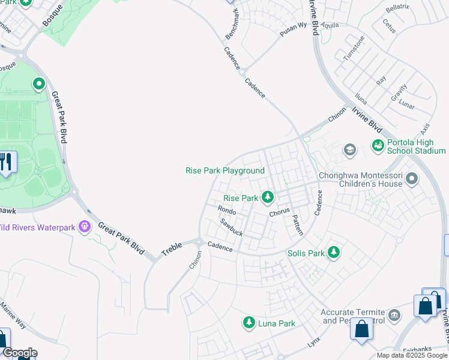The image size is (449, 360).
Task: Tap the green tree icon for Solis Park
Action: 333,253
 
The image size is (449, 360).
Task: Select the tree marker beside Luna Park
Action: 249,323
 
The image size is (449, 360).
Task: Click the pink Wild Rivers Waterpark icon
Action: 84,227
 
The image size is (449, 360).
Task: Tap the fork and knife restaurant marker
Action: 6,162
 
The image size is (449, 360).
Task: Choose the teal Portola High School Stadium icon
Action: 378,145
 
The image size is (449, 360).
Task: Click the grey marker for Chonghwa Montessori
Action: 412,178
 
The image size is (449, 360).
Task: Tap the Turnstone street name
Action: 354,48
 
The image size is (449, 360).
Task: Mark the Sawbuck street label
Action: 231,227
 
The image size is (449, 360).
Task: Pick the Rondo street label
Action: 227,211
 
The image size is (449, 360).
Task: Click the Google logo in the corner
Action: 19,353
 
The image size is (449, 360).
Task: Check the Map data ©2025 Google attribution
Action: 411,355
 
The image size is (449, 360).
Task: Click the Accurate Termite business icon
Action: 394,315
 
